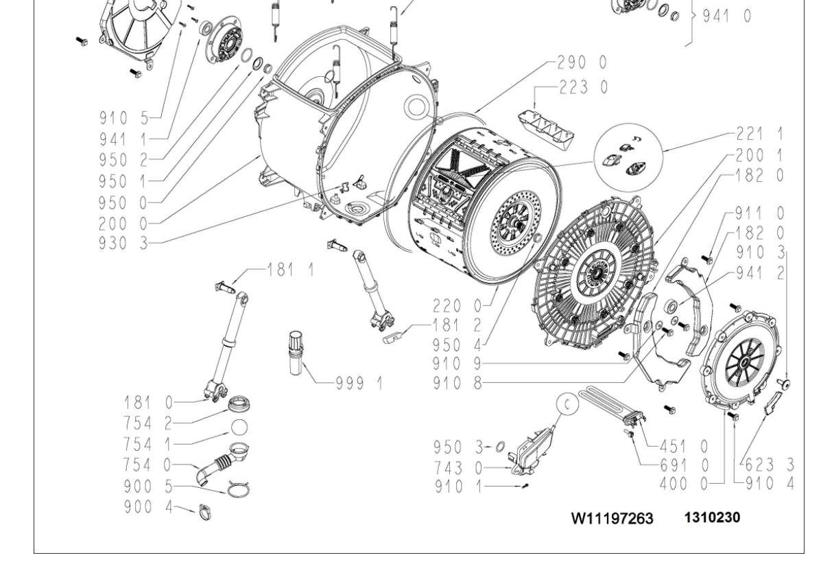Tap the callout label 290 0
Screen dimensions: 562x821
tap(582, 62)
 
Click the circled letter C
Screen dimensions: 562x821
tap(567, 405)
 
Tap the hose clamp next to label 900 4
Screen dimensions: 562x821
tap(204, 511)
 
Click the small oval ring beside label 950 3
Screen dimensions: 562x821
tap(499, 448)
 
